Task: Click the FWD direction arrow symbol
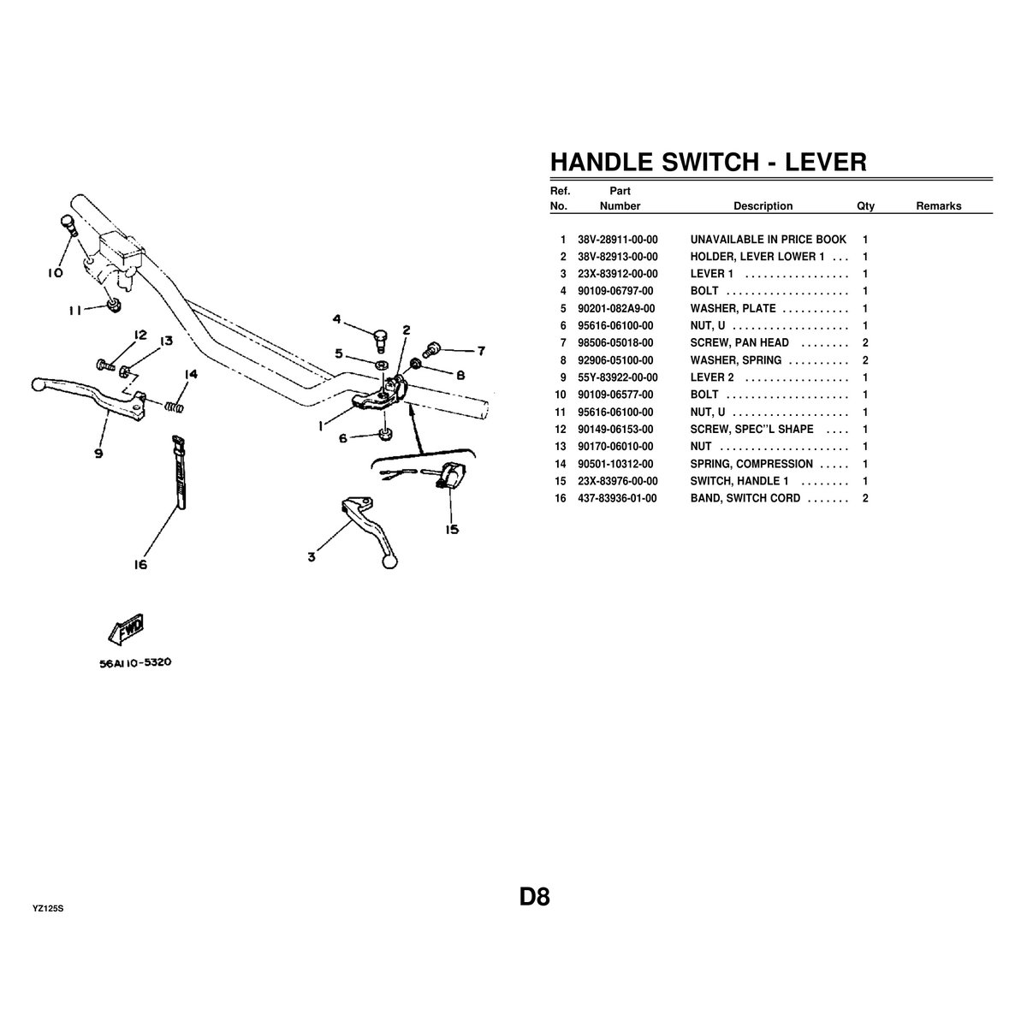127,628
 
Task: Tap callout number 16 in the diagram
140,564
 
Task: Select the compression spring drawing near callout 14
175,407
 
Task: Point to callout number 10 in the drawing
55,273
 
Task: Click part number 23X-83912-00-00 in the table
618,274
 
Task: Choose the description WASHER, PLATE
733,309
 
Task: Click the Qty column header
865,206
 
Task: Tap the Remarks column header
939,206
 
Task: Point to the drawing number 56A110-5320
135,662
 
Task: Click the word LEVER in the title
826,162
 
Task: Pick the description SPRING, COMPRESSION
751,464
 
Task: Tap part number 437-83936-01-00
617,498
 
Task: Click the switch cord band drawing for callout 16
179,472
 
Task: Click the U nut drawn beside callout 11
114,305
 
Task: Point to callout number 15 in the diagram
452,529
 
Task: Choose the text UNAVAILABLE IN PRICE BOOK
768,240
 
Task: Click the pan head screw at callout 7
430,350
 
